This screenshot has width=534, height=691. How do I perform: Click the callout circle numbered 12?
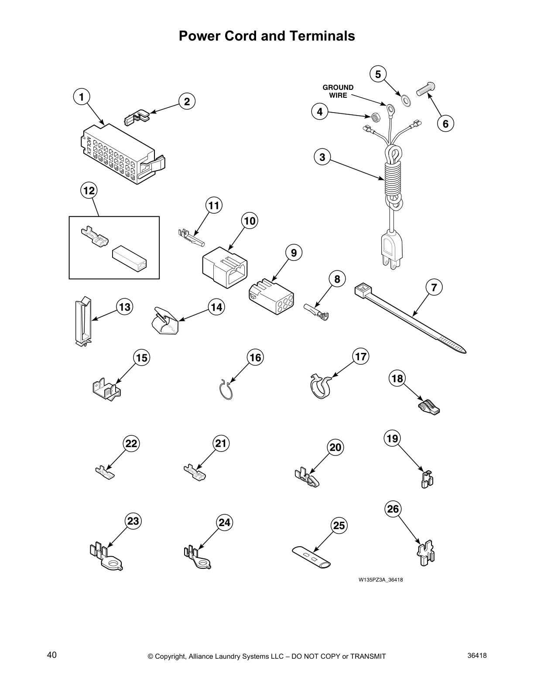coord(89,191)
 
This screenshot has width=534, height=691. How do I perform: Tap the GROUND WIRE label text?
coord(338,91)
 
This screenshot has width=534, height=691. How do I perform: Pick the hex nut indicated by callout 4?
coord(374,117)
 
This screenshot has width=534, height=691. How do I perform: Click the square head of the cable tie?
coord(361,289)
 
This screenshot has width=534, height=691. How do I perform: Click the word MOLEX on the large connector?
coord(88,146)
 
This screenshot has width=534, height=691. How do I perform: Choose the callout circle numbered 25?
coord(339,526)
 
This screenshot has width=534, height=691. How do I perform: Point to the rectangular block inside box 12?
coord(130,260)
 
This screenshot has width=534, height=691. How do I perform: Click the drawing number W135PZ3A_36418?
coord(377,580)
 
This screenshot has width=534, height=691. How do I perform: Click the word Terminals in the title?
coord(321,36)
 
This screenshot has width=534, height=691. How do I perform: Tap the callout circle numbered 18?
coord(397,378)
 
